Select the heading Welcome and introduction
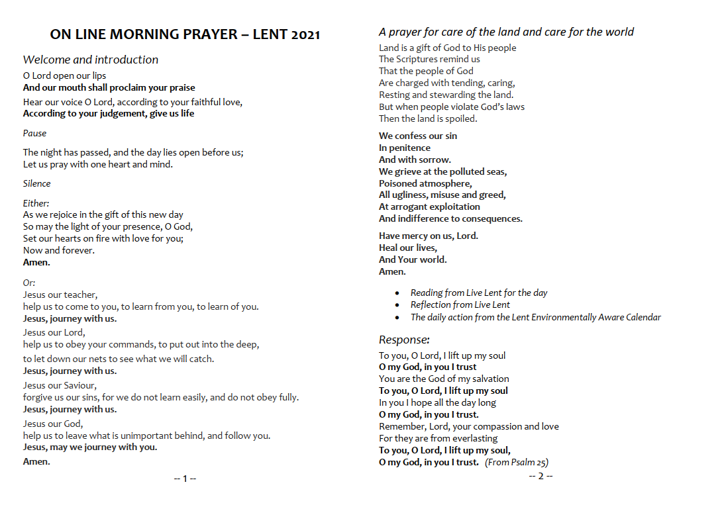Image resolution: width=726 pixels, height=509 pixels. coord(91,60)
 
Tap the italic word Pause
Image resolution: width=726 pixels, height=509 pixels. coord(35,133)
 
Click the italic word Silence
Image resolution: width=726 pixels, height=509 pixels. coord(37,183)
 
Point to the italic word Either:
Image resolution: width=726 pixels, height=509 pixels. coord(36,203)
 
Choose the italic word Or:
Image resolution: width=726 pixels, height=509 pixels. coord(29,283)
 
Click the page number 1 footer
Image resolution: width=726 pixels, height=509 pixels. coord(185,479)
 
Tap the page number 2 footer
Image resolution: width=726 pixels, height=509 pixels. coord(541,477)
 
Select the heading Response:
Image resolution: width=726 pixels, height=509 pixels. coord(404,340)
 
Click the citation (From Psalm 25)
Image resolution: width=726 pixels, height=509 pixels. coord(517,462)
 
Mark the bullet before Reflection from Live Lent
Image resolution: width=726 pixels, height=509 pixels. coord(397,305)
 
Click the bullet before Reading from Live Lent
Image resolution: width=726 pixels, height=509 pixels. coord(397,293)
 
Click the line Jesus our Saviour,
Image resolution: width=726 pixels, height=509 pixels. coord(60,385)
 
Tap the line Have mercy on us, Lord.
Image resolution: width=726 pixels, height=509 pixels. coord(429,236)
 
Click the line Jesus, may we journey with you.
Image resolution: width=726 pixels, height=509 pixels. coord(90,447)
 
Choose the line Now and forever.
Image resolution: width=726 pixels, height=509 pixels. coord(59,250)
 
